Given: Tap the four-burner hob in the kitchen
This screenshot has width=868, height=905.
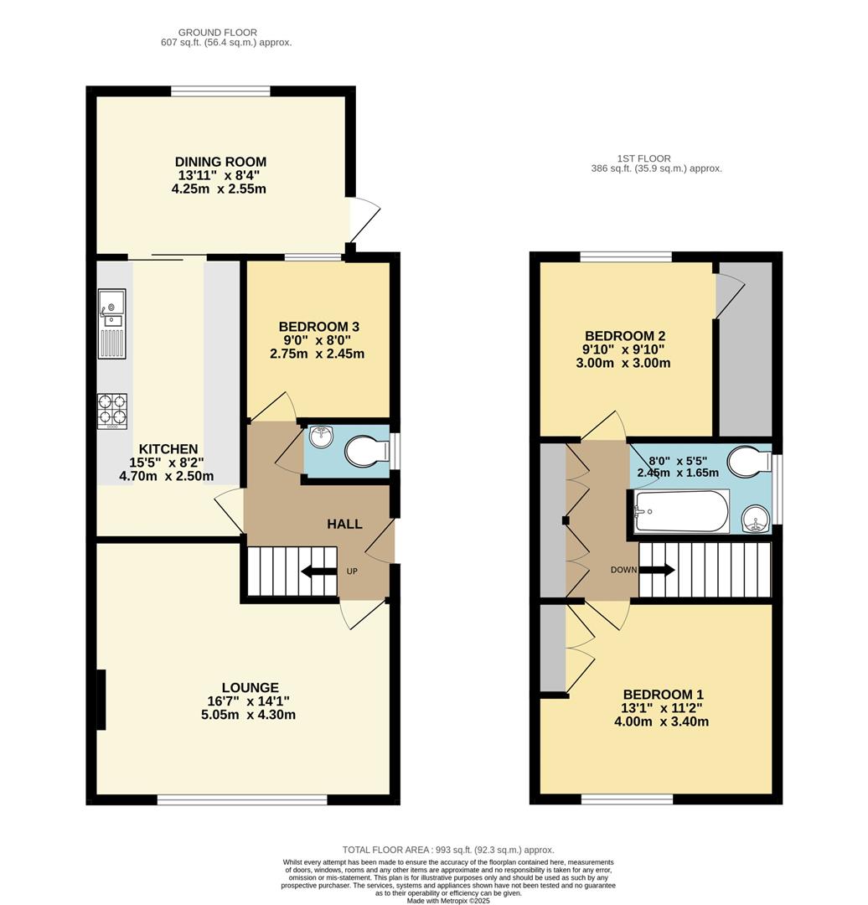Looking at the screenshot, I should pyautogui.click(x=112, y=411).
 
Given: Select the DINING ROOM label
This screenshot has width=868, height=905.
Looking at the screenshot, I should pyautogui.click(x=220, y=162).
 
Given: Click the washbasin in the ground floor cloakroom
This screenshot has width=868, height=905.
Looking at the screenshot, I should pyautogui.click(x=321, y=436).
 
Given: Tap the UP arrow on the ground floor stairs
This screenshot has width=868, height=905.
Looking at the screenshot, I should pyautogui.click(x=318, y=571).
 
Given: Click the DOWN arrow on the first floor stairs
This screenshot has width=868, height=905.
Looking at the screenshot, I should pyautogui.click(x=660, y=571).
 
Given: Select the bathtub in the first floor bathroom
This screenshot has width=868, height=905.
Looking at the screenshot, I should pyautogui.click(x=681, y=511).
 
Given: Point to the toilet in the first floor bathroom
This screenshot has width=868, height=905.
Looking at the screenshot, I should pyautogui.click(x=748, y=462).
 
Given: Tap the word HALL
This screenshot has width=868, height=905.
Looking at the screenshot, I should pyautogui.click(x=344, y=525).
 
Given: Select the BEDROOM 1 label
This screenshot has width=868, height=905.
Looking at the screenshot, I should pyautogui.click(x=663, y=695).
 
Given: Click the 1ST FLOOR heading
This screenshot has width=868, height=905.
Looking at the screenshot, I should pyautogui.click(x=643, y=158).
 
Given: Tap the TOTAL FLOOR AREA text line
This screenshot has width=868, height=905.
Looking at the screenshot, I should pyautogui.click(x=448, y=850).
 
